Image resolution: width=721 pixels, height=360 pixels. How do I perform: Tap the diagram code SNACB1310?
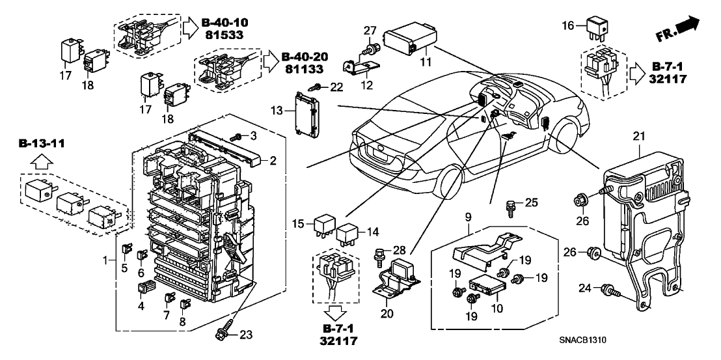(588, 341)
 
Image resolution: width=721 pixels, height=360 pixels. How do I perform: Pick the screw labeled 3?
(237, 137)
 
